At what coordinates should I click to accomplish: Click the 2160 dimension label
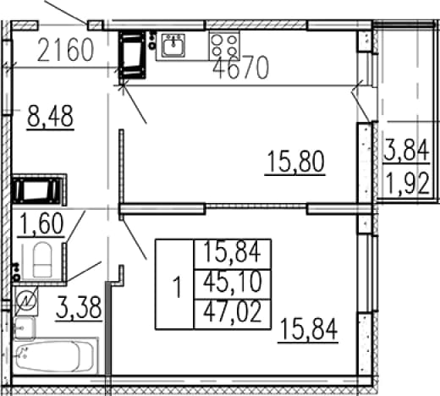click(65, 50)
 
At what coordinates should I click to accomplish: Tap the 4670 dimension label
click(240, 68)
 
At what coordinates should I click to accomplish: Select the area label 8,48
click(51, 117)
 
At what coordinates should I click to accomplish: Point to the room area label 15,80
click(295, 162)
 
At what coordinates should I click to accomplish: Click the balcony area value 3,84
click(406, 151)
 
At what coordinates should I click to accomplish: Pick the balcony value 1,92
click(408, 184)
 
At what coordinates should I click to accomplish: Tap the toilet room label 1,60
click(42, 223)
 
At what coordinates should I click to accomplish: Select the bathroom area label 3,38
click(79, 308)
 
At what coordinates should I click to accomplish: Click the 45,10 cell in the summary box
click(233, 283)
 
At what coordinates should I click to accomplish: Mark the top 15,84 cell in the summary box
click(232, 252)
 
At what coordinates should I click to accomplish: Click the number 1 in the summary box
click(177, 287)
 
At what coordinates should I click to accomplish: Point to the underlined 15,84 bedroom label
click(309, 329)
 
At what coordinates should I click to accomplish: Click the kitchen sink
click(173, 45)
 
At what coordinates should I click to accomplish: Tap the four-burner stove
click(224, 46)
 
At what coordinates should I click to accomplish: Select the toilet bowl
click(42, 260)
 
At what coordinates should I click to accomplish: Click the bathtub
click(56, 356)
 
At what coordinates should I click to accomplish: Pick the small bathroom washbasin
click(25, 328)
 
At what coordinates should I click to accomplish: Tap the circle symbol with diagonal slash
click(26, 301)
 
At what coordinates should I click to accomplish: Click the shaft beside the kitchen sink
click(132, 55)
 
